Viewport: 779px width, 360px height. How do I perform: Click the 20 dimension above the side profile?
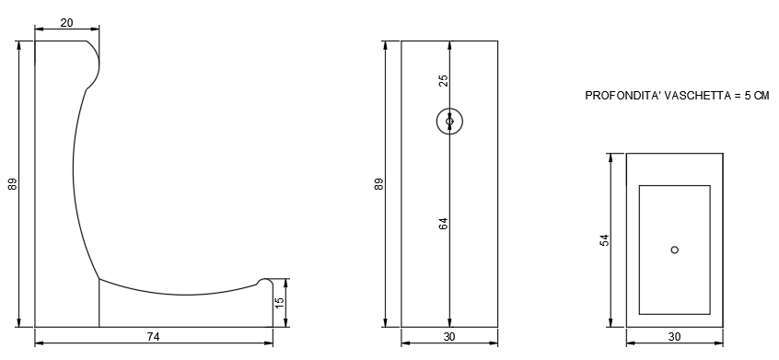[66, 23]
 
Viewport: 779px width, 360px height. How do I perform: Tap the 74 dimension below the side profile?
[154, 337]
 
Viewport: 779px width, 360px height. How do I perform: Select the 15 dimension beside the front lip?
[279, 301]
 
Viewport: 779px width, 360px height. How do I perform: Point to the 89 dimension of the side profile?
[13, 184]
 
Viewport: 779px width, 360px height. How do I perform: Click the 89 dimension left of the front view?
[379, 184]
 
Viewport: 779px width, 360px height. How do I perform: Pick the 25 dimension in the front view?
[444, 80]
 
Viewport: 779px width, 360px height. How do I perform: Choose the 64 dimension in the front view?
[444, 224]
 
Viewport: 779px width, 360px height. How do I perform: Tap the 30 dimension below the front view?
[449, 337]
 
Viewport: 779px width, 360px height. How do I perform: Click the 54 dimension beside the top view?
[604, 240]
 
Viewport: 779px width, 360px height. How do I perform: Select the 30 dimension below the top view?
[674, 337]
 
